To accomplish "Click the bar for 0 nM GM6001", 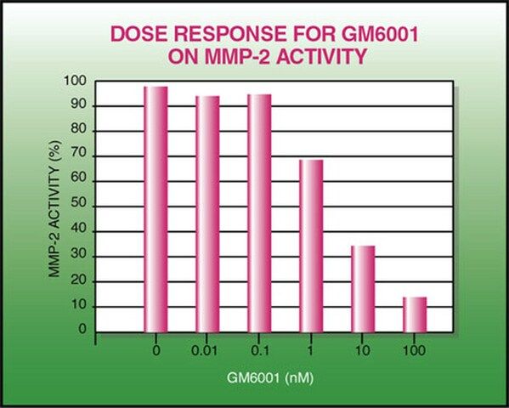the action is click(156, 209).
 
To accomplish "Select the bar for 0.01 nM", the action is click(207, 214).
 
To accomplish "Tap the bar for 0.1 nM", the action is click(259, 213).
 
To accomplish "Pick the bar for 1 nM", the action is click(311, 246).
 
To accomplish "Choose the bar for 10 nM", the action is click(363, 289).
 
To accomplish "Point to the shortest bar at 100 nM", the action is click(415, 314).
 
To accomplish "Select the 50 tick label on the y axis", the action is click(78, 204).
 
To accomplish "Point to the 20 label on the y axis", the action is click(78, 280).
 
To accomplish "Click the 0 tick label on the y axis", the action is click(82, 329).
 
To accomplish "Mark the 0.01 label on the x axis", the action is click(204, 351).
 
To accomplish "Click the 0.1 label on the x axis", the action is click(260, 351).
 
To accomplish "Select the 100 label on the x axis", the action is click(414, 351).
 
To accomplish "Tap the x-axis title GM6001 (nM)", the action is click(270, 378).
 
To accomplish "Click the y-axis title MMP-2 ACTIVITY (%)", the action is click(54, 209).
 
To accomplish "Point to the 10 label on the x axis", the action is click(362, 351).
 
